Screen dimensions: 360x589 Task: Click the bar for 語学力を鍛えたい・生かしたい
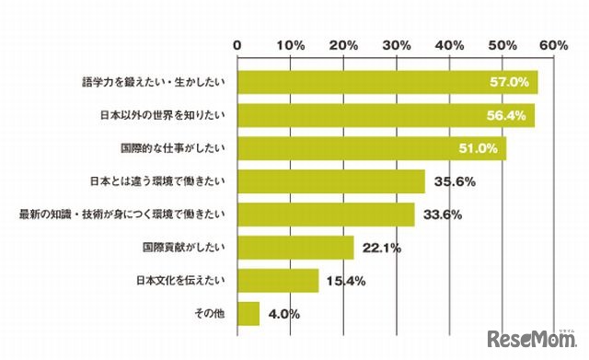(x=387, y=82)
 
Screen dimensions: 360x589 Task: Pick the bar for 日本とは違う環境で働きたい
(x=330, y=181)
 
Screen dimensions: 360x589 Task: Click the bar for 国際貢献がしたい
(x=295, y=248)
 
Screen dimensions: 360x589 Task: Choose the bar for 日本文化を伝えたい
(x=277, y=281)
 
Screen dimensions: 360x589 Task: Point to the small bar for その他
(x=248, y=314)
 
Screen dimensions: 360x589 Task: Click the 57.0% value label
(x=509, y=82)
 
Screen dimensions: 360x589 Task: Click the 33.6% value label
(x=442, y=215)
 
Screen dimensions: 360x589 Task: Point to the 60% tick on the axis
(x=555, y=45)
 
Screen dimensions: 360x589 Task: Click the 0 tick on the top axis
(x=237, y=45)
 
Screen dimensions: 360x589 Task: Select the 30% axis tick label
(x=397, y=45)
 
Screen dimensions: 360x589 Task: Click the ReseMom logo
(x=533, y=334)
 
